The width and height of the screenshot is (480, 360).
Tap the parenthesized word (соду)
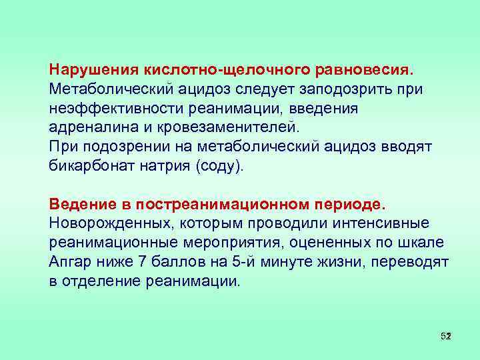coord(220,165)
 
